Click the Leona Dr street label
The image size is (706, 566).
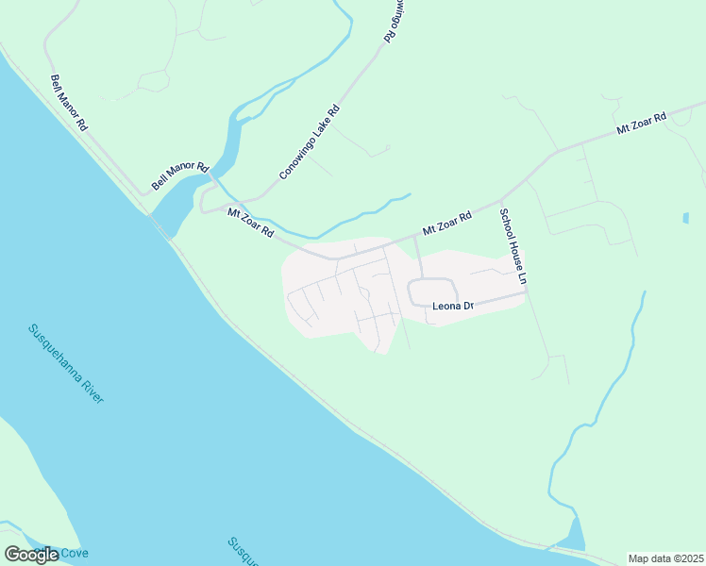[451, 306]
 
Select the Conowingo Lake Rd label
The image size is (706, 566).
[309, 143]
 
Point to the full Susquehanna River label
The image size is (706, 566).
[66, 363]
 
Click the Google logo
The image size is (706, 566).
[31, 554]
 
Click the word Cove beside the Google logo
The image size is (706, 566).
[75, 553]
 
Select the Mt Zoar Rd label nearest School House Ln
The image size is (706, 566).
[446, 224]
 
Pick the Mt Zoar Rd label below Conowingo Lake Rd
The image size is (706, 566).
[251, 223]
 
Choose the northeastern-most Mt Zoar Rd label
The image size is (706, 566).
[641, 124]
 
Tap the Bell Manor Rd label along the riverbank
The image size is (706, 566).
[69, 103]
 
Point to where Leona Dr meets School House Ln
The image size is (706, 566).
[525, 292]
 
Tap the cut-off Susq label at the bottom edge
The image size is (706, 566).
[243, 552]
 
